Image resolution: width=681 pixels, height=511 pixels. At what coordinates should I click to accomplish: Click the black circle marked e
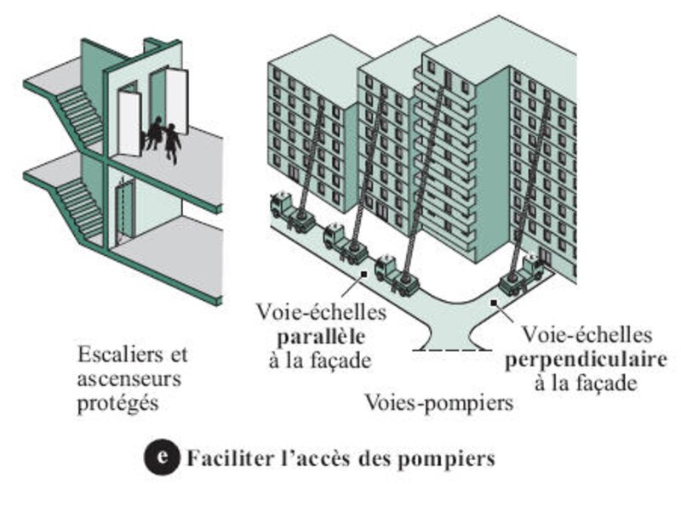pyautogui.click(x=159, y=457)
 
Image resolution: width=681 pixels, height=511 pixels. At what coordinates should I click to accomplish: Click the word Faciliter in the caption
pyautogui.click(x=222, y=458)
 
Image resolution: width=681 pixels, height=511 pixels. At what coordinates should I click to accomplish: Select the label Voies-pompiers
pyautogui.click(x=439, y=401)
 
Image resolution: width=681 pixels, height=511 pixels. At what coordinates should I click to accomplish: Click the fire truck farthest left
pyautogui.click(x=290, y=213)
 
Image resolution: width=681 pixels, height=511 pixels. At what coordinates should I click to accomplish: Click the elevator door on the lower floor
pyautogui.click(x=124, y=208)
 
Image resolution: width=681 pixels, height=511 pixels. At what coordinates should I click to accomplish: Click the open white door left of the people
pyautogui.click(x=129, y=123)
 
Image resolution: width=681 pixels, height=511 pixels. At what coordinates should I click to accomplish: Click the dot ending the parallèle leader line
pyautogui.click(x=364, y=273)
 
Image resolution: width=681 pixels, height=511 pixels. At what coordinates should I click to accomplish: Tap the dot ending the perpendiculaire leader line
pyautogui.click(x=492, y=303)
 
